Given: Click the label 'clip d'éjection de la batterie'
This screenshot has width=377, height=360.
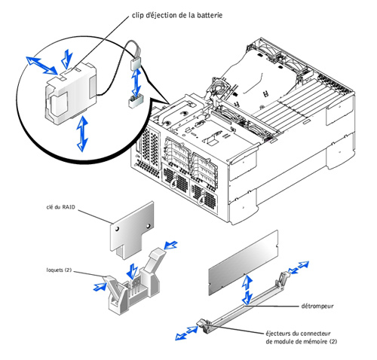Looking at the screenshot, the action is tap(177, 15).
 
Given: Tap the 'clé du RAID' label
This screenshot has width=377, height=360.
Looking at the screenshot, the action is tap(61, 207).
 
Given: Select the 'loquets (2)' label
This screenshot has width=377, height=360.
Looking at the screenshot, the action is tap(59, 270).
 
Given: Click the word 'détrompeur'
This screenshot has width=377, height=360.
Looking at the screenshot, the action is tap(317, 306).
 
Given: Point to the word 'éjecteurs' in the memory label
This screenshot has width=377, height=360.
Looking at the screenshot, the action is tap(277, 334).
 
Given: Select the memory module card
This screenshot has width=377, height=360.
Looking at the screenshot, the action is tap(244, 262).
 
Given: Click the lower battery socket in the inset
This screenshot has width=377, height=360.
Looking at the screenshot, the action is tap(136, 101).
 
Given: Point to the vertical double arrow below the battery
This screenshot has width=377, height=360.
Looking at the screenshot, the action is tap(82, 133).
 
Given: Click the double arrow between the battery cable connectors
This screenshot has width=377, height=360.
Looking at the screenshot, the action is tap(136, 83).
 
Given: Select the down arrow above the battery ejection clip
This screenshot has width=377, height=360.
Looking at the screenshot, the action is tap(67, 59).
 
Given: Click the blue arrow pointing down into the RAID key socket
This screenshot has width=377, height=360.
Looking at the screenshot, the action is tap(132, 271).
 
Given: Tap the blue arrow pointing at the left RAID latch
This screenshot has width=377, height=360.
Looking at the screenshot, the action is tap(100, 287).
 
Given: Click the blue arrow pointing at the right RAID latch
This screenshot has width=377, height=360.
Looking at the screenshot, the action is tap(170, 246).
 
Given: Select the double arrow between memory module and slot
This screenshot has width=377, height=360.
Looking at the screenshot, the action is tap(247, 289).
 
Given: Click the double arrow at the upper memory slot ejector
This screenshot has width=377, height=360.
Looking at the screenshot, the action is tap(299, 267).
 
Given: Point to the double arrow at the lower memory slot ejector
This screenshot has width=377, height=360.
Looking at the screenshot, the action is tap(187, 333).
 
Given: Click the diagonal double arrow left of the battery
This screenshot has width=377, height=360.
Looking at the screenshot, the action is tap(42, 66).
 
